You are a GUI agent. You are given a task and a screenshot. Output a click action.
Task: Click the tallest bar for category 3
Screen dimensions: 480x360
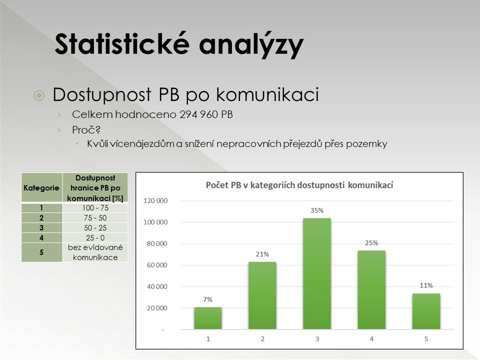click(317, 273)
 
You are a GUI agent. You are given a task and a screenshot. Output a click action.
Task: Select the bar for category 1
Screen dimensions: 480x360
click(208, 318)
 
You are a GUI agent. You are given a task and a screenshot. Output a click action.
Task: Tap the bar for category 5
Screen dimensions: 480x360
click(426, 311)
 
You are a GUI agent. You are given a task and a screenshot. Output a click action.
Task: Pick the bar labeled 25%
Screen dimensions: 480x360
click(371, 290)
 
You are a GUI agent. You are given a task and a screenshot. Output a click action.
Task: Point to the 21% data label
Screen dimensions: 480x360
click(262, 254)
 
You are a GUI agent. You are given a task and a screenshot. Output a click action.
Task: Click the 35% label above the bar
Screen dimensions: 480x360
click(317, 210)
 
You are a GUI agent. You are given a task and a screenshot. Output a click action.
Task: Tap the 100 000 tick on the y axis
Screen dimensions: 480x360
click(155, 222)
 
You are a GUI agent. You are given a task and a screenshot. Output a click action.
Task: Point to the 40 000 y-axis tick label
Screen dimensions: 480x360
click(157, 287)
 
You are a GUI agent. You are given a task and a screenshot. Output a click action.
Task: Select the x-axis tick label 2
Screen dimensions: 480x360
click(262, 339)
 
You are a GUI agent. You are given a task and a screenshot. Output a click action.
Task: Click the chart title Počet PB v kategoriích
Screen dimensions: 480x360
click(299, 185)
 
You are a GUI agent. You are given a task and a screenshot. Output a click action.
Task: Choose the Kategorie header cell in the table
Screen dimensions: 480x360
click(41, 187)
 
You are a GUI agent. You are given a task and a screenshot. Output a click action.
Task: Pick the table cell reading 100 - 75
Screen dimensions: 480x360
click(95, 208)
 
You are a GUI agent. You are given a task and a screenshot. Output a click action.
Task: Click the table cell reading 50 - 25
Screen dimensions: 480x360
click(95, 228)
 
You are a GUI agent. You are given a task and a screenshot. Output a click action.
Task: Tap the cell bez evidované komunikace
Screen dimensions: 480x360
click(95, 252)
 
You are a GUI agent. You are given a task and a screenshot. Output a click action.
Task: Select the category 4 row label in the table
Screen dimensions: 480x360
click(41, 238)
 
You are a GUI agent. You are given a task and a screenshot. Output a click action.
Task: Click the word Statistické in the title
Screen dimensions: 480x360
click(122, 44)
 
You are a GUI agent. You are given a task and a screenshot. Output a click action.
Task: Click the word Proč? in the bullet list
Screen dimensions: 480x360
click(86, 130)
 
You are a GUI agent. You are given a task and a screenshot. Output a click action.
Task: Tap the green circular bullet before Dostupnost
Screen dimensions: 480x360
click(39, 96)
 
